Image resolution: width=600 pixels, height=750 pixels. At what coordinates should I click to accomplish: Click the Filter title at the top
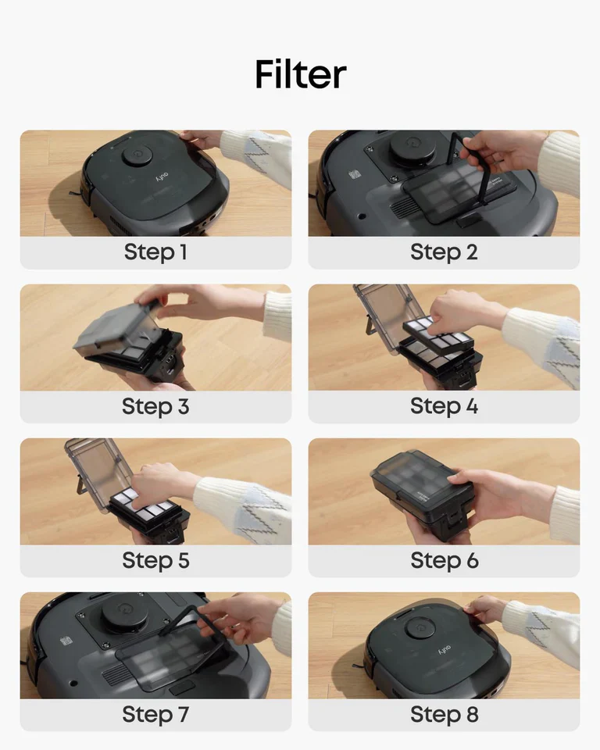coord(300,75)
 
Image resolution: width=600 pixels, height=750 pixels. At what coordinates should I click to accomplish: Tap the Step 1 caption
coord(155,253)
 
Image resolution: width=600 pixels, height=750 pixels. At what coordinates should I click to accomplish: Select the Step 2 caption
coord(444,253)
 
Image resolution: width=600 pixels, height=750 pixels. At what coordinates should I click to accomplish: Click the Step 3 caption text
coord(155,407)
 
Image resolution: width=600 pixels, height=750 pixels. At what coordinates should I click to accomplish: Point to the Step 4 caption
coord(444,407)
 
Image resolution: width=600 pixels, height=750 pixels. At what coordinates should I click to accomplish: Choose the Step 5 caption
coord(155,561)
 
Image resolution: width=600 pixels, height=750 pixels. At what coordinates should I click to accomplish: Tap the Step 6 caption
coord(444,561)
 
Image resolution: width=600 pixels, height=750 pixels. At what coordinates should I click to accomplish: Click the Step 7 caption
coord(155,715)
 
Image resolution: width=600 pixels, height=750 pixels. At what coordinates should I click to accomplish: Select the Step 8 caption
coord(444,715)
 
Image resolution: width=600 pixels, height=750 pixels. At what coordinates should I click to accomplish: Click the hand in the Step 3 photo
coord(191,301)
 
